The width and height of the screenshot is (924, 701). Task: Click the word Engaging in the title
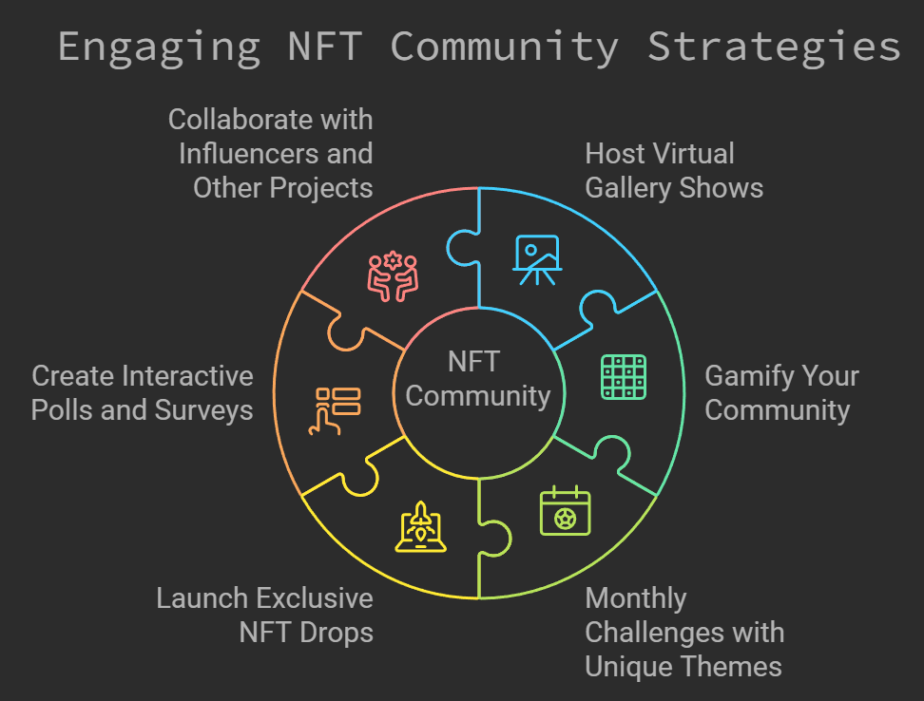click(x=159, y=47)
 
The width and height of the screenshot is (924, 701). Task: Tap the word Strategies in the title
click(x=774, y=47)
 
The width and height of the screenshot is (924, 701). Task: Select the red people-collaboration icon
click(x=393, y=276)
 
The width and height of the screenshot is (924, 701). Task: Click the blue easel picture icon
click(x=537, y=259)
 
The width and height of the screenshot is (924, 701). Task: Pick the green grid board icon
click(x=624, y=376)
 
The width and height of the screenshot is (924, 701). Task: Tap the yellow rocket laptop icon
click(x=420, y=528)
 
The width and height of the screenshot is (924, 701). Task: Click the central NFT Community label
click(x=477, y=378)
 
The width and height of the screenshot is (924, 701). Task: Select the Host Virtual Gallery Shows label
click(x=673, y=170)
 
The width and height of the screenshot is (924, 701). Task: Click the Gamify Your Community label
click(x=780, y=392)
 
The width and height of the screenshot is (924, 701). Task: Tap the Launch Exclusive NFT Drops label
click(x=264, y=615)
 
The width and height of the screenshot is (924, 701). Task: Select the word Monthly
click(x=635, y=598)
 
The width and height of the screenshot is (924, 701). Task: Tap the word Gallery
click(x=623, y=187)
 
